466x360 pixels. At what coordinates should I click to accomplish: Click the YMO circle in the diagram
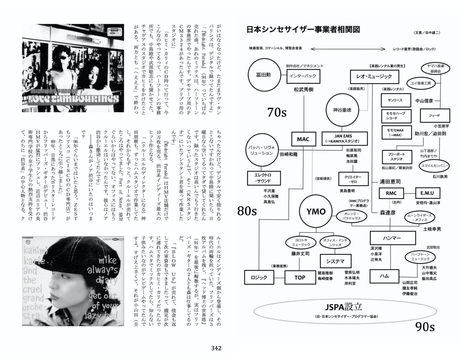pyautogui.click(x=316, y=211)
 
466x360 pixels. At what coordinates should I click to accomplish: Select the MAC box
pyautogui.click(x=303, y=139)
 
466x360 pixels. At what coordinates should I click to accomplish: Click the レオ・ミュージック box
pyautogui.click(x=374, y=76)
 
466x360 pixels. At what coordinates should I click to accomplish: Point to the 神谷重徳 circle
pyautogui.click(x=342, y=110)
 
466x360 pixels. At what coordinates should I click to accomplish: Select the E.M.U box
pyautogui.click(x=427, y=193)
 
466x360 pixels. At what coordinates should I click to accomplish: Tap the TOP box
pyautogui.click(x=300, y=277)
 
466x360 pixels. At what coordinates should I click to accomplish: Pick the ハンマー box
pyautogui.click(x=392, y=238)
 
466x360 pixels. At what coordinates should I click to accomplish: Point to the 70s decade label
pyautogui.click(x=277, y=112)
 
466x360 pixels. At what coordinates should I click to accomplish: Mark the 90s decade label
pyautogui.click(x=425, y=327)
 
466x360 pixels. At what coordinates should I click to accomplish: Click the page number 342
pyautogui.click(x=216, y=348)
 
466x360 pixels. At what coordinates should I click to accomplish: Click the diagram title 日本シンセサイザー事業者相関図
pyautogui.click(x=303, y=29)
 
